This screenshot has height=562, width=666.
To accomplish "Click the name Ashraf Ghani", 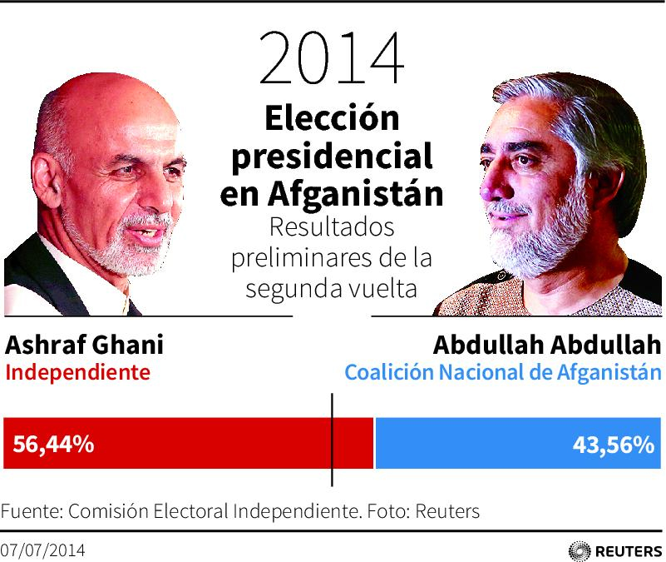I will coord(85,346).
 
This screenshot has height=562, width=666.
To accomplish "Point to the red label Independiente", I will coord(78,372).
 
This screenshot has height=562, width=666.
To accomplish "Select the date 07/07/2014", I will coord(42,550).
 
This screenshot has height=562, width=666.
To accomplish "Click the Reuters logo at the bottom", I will coord(615,550).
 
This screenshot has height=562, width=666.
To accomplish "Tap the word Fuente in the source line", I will coord(28,510).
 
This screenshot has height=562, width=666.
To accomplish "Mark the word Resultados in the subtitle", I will coord(331,227).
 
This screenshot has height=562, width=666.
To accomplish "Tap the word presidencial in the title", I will coord(331,157).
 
